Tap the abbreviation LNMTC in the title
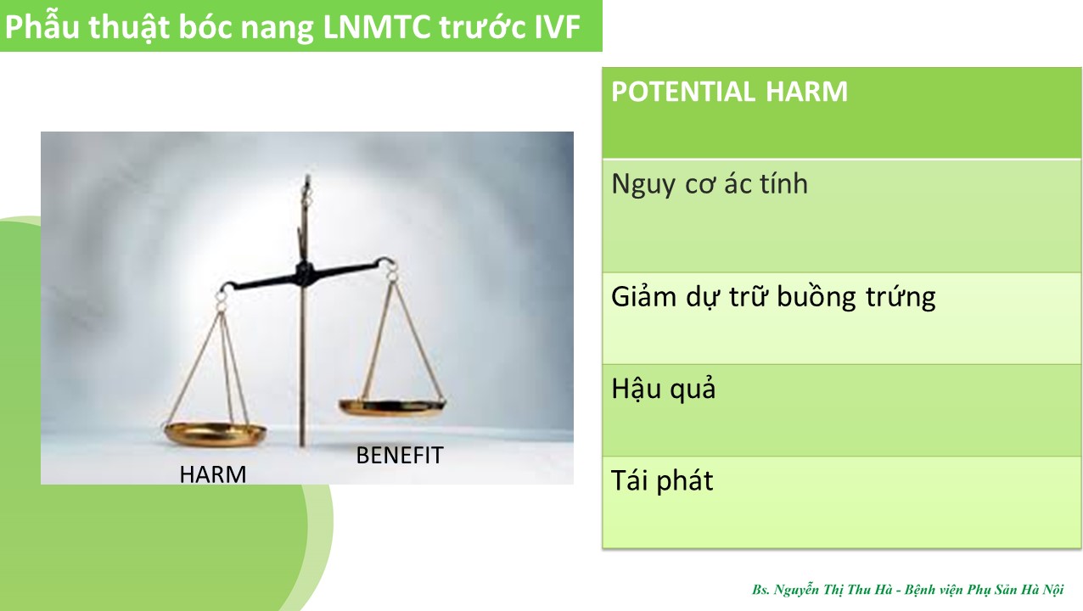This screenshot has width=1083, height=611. pos(376,26)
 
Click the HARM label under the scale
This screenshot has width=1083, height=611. pos(213,474)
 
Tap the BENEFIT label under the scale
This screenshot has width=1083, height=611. pos(400,456)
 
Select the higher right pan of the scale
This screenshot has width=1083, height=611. pos(392,407)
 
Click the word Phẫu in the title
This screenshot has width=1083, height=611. pos(42,27)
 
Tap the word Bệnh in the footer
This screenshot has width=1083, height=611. pos(917,590)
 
